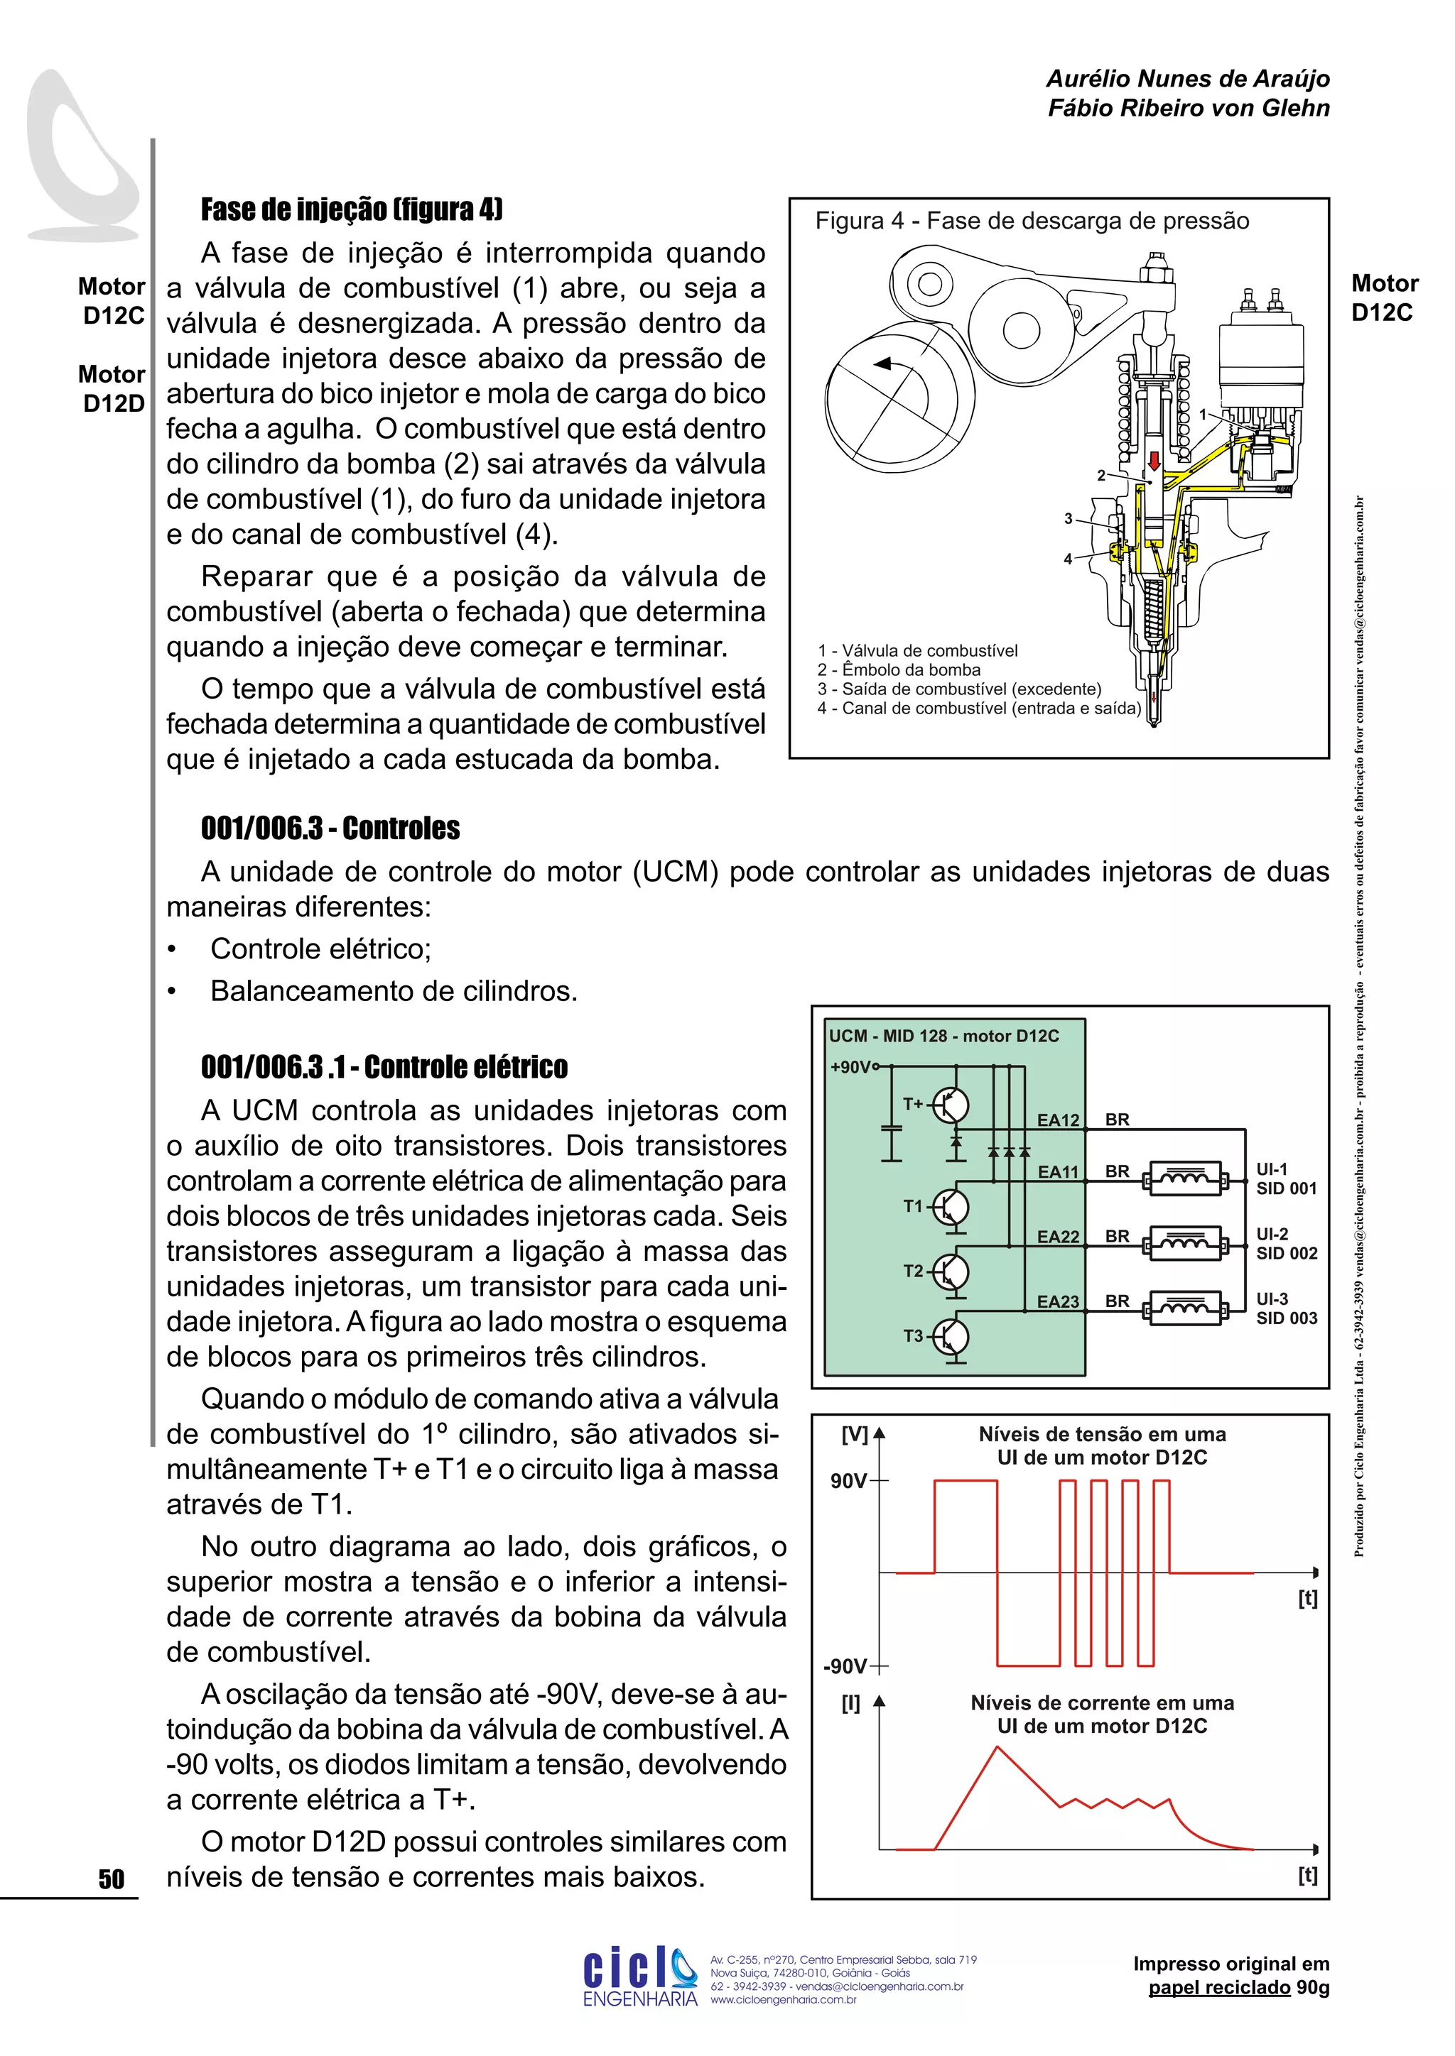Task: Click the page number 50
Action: (x=111, y=1879)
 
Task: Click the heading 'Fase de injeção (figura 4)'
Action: (x=351, y=209)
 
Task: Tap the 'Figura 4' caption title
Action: (x=1032, y=222)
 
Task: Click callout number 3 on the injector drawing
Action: (x=1068, y=518)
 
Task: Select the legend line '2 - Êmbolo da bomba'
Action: (x=899, y=669)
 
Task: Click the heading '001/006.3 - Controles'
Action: (x=330, y=829)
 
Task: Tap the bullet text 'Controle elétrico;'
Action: (x=320, y=949)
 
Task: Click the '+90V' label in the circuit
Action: (x=850, y=1066)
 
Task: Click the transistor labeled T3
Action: (x=951, y=1338)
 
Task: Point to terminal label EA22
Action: (x=1057, y=1237)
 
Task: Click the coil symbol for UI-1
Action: (x=1184, y=1179)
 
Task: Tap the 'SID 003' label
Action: (x=1287, y=1318)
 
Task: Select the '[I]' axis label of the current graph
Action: (x=850, y=1703)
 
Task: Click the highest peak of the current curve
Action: (x=997, y=1747)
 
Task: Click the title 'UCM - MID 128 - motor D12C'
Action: (x=943, y=1036)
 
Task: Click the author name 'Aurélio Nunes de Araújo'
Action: (x=1187, y=79)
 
